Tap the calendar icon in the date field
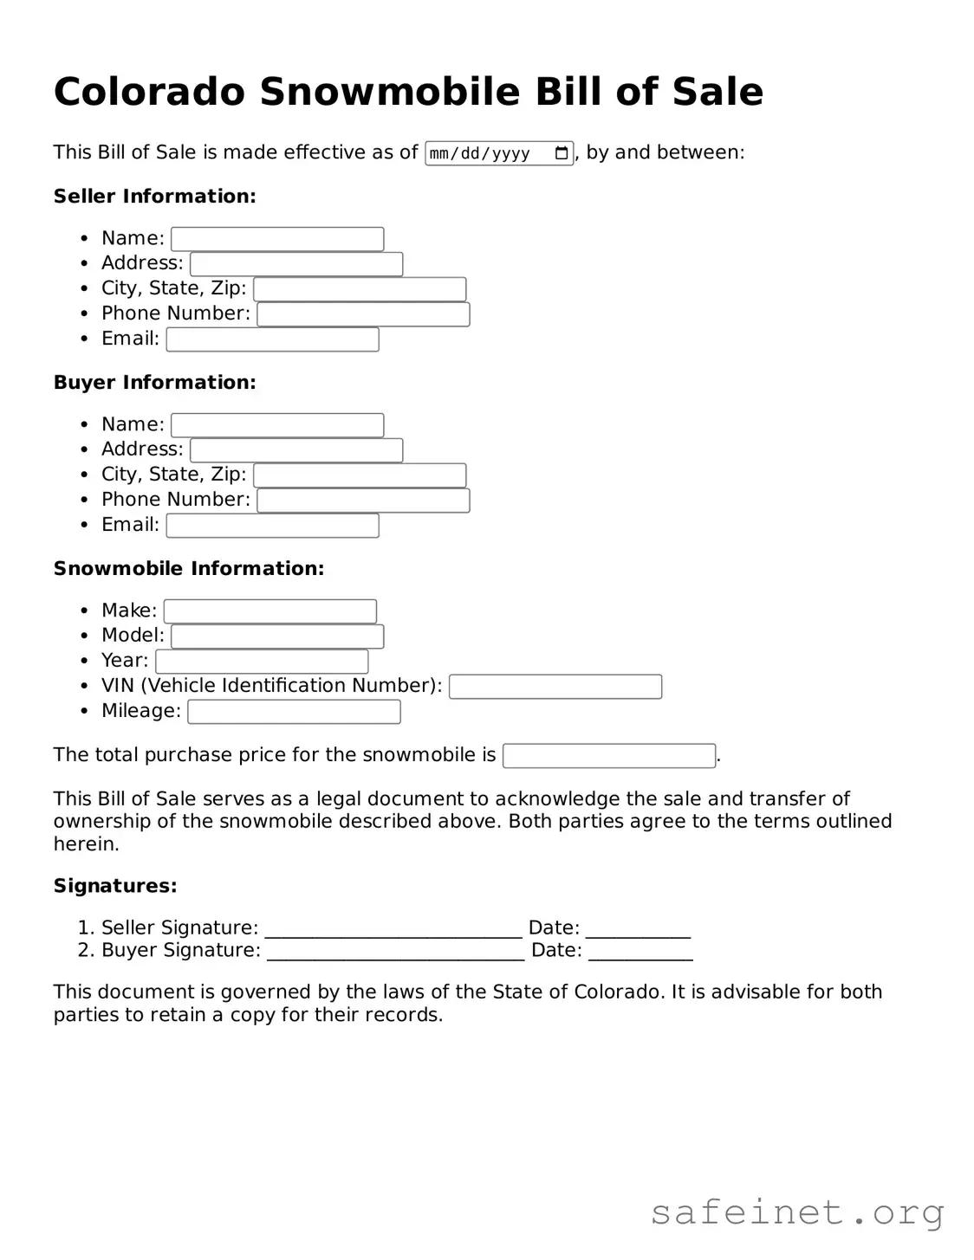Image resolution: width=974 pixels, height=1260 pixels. tap(562, 153)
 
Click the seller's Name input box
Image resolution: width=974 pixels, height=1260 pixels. tap(277, 239)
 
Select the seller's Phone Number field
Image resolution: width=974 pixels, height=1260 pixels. tap(363, 314)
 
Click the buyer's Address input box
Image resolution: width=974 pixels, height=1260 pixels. tap(296, 450)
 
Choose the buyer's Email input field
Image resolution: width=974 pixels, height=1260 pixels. tap(273, 526)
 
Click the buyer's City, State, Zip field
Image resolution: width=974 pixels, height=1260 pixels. tap(360, 475)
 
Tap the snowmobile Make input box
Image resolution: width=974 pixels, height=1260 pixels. tap(270, 611)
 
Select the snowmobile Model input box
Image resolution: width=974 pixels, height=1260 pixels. tap(277, 636)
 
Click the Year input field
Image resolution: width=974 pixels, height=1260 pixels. tap(262, 662)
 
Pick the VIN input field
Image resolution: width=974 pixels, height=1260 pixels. tap(555, 687)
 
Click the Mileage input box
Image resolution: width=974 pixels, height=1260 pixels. tap(294, 712)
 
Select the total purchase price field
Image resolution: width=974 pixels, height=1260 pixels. tap(609, 756)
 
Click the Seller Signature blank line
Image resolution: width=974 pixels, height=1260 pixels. tap(393, 930)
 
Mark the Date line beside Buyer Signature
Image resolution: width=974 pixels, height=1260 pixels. tap(640, 953)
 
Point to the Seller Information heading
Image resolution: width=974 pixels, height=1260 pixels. tap(155, 197)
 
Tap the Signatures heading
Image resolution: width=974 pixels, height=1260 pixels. tap(115, 886)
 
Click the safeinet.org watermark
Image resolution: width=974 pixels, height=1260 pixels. tap(796, 1212)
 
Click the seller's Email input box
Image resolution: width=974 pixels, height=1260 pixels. tap(273, 339)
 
